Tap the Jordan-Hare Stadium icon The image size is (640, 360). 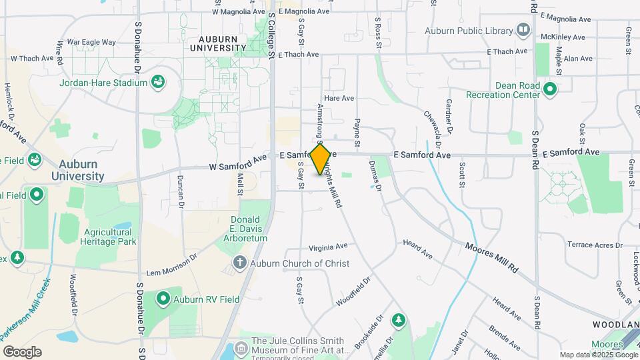pos(158,82)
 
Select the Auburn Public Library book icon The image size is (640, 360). pos(523,30)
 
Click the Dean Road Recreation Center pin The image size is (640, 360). pos(550,89)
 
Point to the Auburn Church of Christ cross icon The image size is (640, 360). pos(240,263)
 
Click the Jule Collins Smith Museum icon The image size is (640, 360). pos(240,349)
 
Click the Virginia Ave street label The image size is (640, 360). pos(328,246)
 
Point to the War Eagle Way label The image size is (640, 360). pos(91,42)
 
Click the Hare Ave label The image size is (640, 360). pos(338,98)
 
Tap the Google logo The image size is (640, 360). pos(22,352)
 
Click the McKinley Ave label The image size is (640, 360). pos(563,37)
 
